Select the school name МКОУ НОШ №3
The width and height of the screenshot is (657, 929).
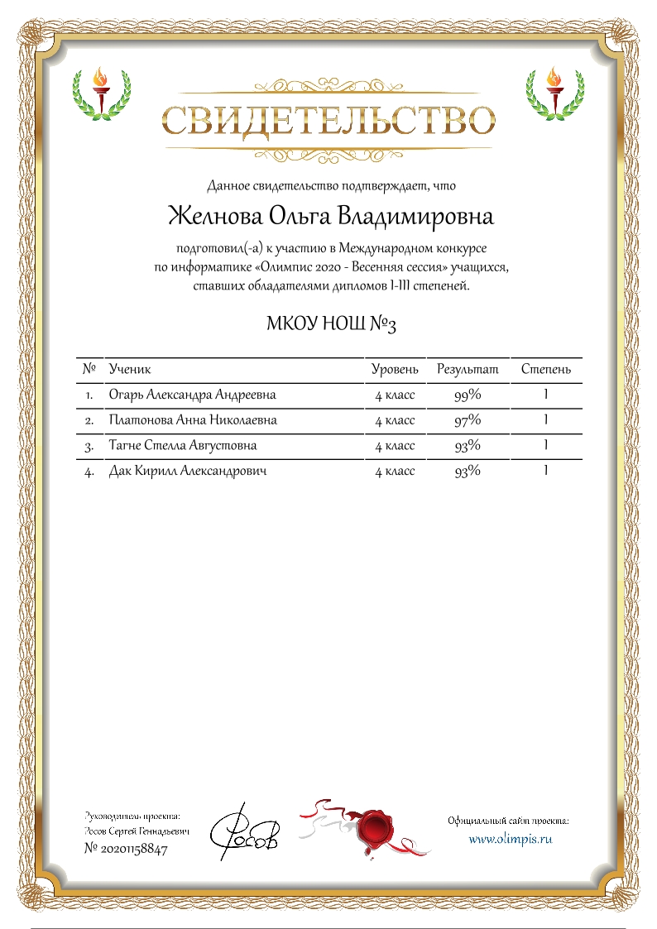(330, 323)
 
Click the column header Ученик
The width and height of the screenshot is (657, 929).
(130, 369)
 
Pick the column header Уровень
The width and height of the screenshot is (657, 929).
(395, 369)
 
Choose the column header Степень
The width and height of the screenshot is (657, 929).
(545, 369)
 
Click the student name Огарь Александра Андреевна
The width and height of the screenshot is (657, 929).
(192, 395)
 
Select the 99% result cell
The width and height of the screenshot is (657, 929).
(468, 395)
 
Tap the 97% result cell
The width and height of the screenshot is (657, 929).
(468, 421)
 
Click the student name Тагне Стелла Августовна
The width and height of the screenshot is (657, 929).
(182, 446)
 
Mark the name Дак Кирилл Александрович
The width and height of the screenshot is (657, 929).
(188, 472)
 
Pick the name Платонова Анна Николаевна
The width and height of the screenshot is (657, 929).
(193, 421)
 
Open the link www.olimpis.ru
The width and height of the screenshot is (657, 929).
(510, 838)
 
